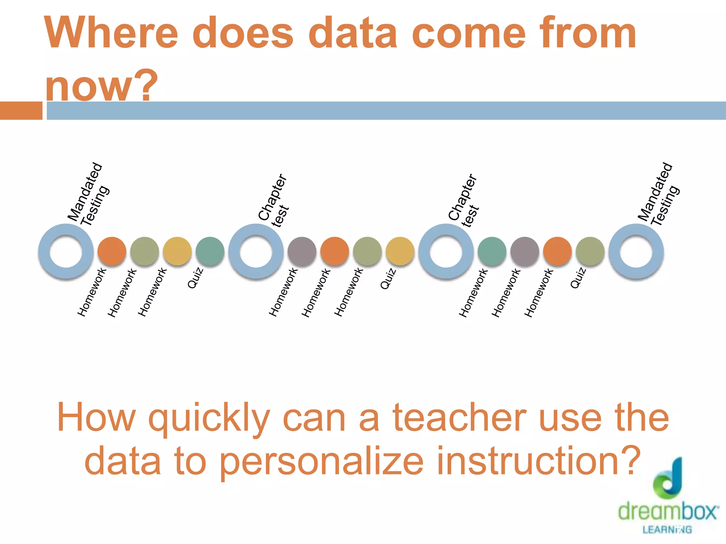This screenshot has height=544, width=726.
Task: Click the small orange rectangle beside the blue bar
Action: pyautogui.click(x=21, y=110)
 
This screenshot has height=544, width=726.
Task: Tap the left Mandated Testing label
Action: pyautogui.click(x=89, y=195)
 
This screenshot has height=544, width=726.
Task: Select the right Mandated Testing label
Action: pyautogui.click(x=659, y=195)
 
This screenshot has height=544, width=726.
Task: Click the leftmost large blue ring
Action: pyautogui.click(x=66, y=251)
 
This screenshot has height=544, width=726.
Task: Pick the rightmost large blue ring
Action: pyautogui.click(x=636, y=251)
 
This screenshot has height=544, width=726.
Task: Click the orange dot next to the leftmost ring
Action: pyautogui.click(x=112, y=251)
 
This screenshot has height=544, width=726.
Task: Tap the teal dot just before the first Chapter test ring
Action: pyautogui.click(x=210, y=251)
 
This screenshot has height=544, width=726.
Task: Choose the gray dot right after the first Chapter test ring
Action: pyautogui.click(x=302, y=251)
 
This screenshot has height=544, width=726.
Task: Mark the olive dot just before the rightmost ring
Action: pyautogui.click(x=590, y=251)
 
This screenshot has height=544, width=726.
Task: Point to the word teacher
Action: pyautogui.click(x=459, y=418)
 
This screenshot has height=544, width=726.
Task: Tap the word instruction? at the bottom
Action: pyautogui.click(x=539, y=461)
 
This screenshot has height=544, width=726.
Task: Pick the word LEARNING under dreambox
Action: pyautogui.click(x=667, y=529)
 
